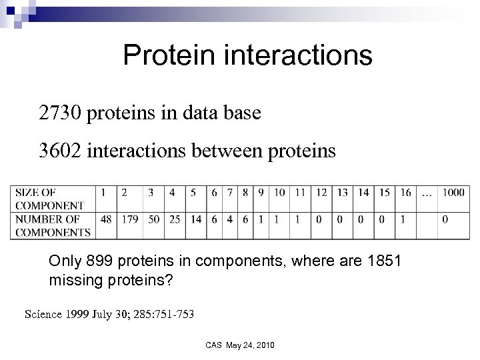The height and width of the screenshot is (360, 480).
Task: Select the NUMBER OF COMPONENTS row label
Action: tap(53, 225)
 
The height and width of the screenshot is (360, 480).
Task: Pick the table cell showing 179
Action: tap(129, 219)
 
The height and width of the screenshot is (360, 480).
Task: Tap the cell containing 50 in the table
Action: tap(153, 219)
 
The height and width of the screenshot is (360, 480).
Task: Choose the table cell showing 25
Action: tap(175, 219)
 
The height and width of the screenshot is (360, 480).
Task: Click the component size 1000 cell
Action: tap(453, 193)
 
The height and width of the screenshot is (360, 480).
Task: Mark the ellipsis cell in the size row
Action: tap(427, 193)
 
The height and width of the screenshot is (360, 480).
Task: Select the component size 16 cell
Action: tap(405, 193)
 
